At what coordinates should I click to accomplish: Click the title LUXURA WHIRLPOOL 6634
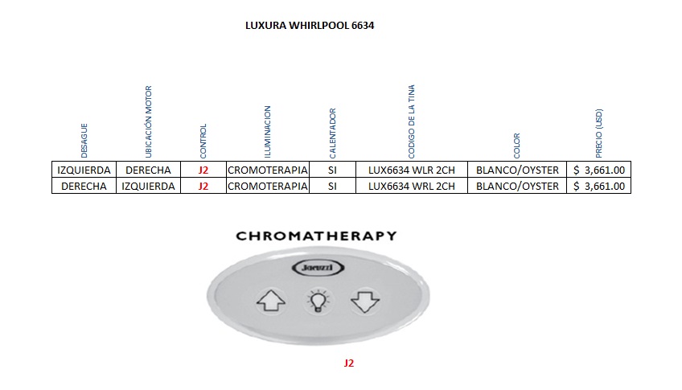click(x=309, y=26)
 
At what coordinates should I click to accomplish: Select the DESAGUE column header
click(x=84, y=140)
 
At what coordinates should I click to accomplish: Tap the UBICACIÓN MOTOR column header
click(x=148, y=121)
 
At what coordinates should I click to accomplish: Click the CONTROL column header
click(x=203, y=140)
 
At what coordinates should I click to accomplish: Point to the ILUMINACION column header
click(x=268, y=130)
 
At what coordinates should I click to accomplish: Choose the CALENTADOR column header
click(x=332, y=133)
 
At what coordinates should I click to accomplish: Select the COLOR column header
click(x=517, y=145)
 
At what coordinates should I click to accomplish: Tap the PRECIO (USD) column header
click(x=599, y=133)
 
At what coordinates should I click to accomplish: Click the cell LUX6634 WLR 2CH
click(x=411, y=170)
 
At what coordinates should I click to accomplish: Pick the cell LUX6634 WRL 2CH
click(x=411, y=186)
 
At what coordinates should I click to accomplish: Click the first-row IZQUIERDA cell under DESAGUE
click(x=84, y=170)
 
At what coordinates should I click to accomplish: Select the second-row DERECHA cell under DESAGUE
click(x=84, y=186)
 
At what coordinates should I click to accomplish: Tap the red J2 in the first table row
click(x=203, y=170)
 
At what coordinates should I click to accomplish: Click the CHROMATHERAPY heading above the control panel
click(x=316, y=236)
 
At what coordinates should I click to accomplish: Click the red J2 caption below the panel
click(x=348, y=363)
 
